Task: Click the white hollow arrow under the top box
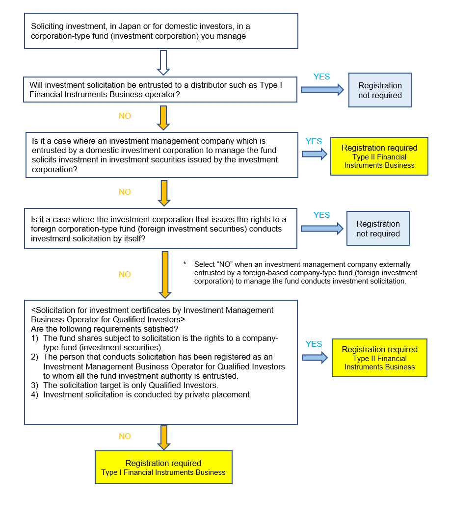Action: (163, 62)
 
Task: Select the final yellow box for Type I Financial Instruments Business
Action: (163, 467)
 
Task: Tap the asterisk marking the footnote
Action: (185, 264)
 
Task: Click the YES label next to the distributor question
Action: (321, 77)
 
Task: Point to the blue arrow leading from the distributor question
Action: (322, 89)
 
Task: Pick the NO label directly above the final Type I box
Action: (125, 436)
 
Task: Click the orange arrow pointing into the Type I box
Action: (164, 437)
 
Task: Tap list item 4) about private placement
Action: (141, 394)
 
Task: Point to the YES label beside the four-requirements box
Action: (314, 344)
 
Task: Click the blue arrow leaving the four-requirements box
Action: (315, 358)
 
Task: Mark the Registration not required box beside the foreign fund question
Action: (378, 229)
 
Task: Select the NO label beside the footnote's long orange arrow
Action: (125, 274)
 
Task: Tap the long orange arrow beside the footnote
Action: (165, 274)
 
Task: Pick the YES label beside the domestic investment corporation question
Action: (314, 141)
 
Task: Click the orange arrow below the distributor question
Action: (164, 117)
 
